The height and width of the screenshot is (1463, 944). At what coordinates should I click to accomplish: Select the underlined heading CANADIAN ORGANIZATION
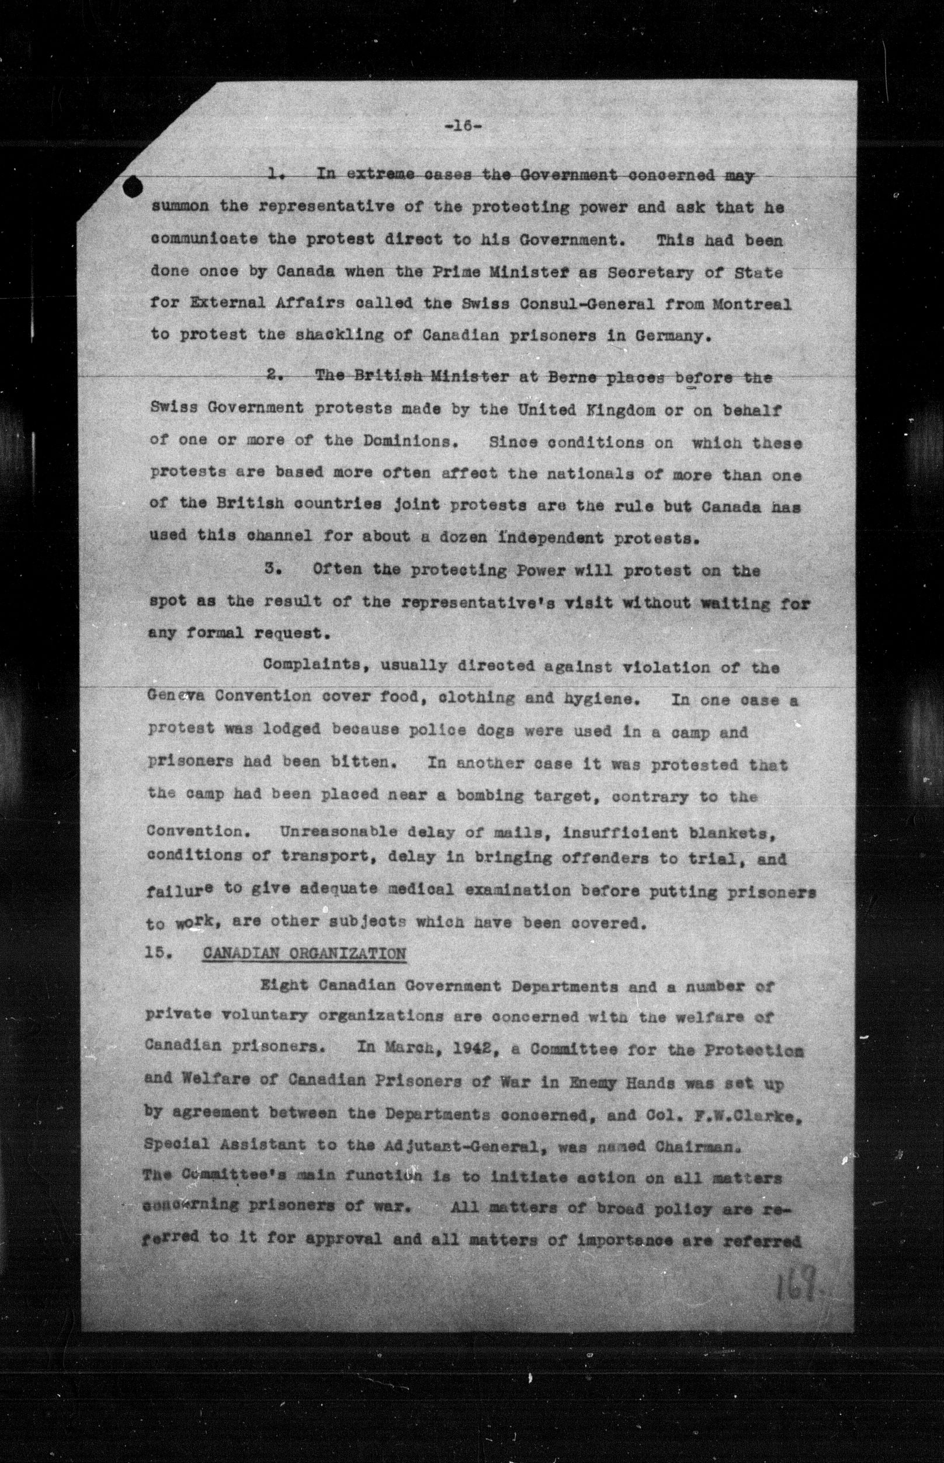click(x=303, y=954)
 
